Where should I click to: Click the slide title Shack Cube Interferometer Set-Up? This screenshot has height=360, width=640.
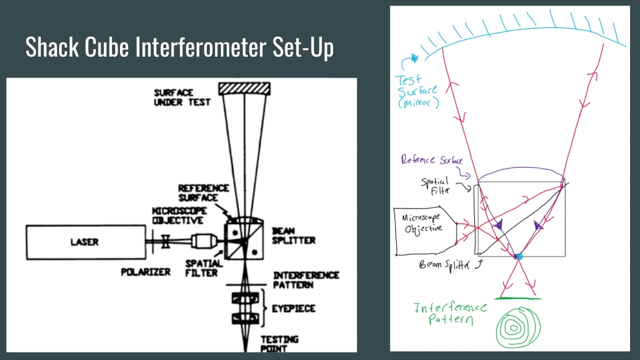pyautogui.click(x=179, y=47)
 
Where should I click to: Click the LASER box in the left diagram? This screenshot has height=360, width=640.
pyautogui.click(x=85, y=242)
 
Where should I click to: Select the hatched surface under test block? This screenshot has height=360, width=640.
pyautogui.click(x=244, y=88)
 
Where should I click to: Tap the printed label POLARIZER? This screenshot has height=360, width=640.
pyautogui.click(x=145, y=272)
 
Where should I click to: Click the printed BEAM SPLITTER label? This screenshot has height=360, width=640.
pyautogui.click(x=293, y=235)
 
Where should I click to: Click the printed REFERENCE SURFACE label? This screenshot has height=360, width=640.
pyautogui.click(x=203, y=193)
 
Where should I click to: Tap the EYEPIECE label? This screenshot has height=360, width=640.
pyautogui.click(x=293, y=308)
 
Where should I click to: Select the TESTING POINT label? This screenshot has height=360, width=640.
pyautogui.click(x=279, y=343)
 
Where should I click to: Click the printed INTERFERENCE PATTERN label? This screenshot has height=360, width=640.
pyautogui.click(x=305, y=280)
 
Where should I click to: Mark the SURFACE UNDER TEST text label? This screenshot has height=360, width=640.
pyautogui.click(x=182, y=97)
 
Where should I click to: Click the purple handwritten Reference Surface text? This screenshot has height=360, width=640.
pyautogui.click(x=431, y=160)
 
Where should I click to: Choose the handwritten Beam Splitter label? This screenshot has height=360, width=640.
pyautogui.click(x=444, y=265)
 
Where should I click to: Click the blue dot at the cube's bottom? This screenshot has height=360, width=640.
pyautogui.click(x=518, y=256)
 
